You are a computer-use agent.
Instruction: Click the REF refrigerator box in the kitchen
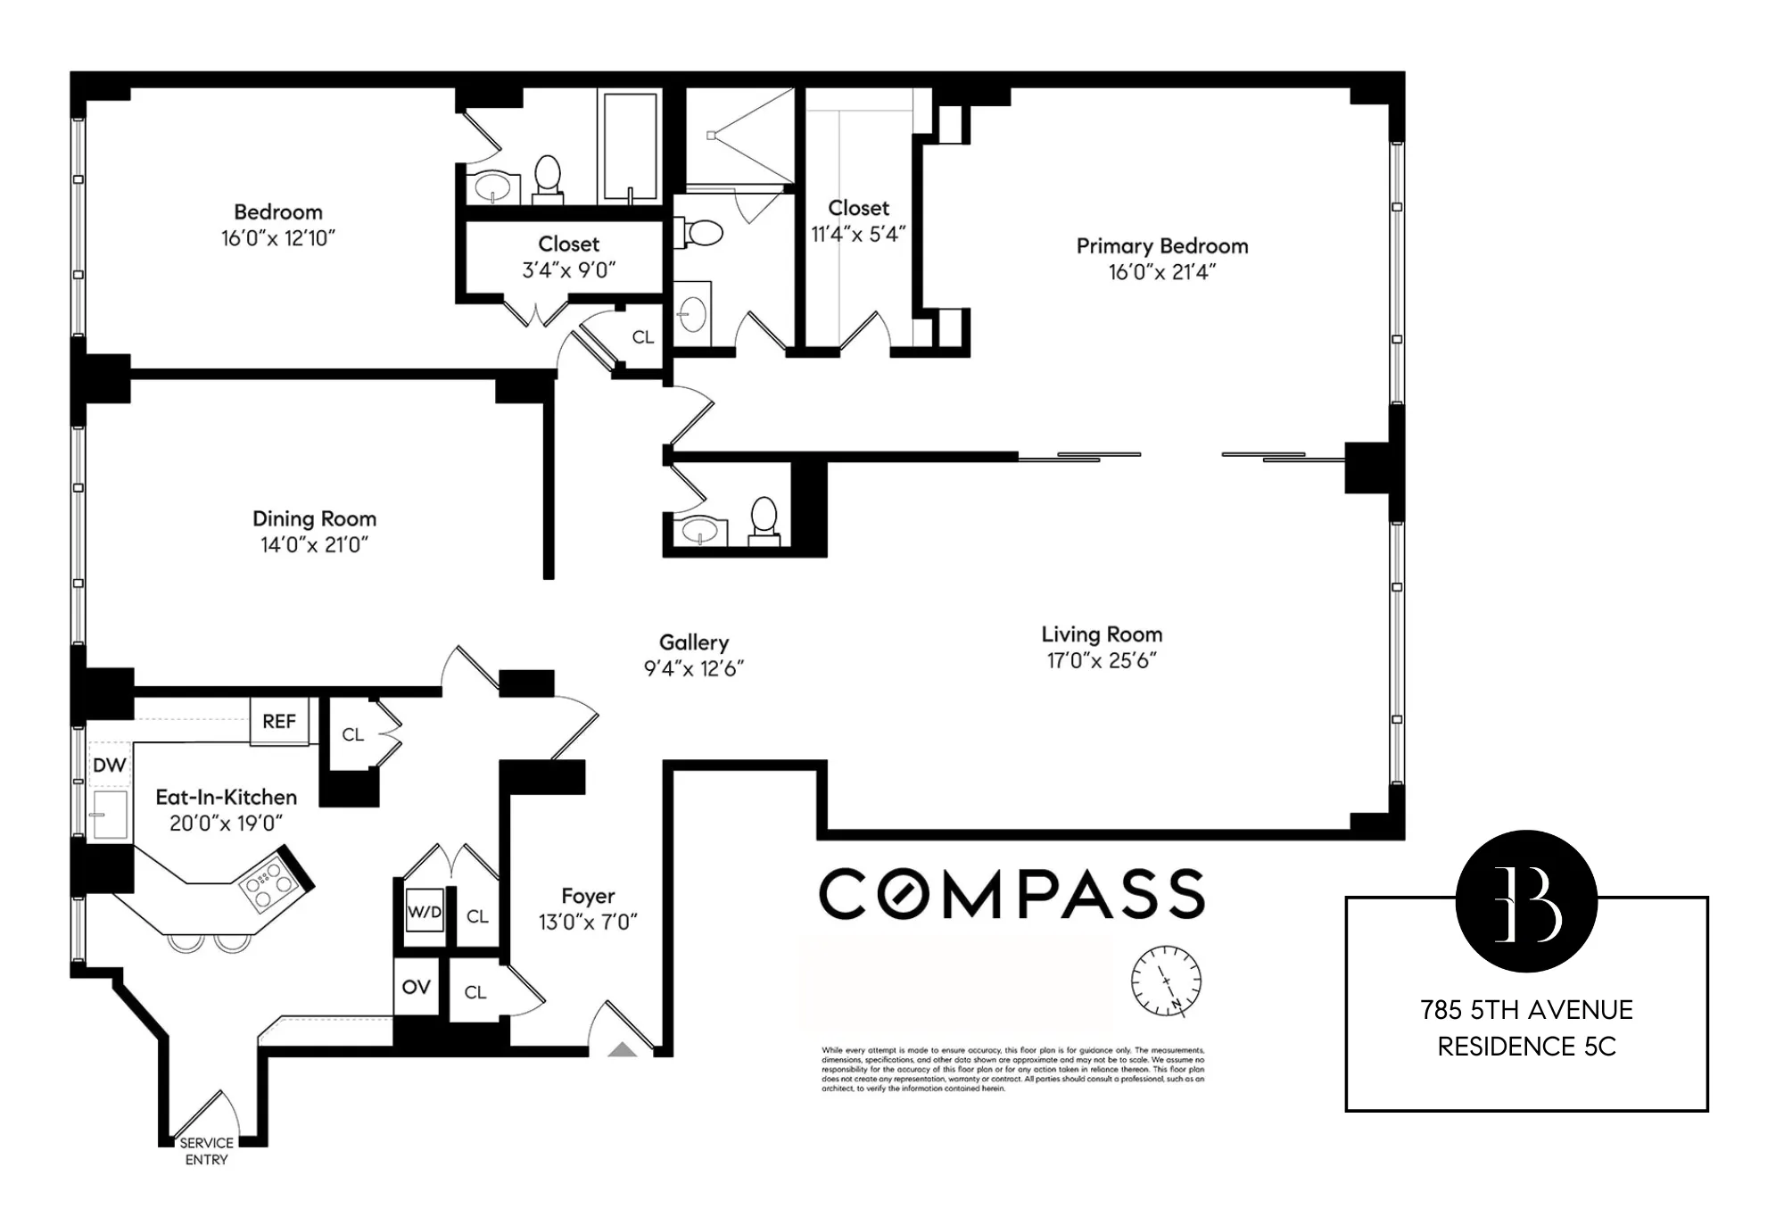tap(279, 721)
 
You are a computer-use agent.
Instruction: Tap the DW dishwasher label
tap(109, 765)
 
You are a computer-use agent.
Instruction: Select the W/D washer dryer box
tap(425, 912)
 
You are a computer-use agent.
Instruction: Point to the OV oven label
tap(417, 987)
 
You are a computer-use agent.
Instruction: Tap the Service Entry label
tap(206, 1151)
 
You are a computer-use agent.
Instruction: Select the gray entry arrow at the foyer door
tap(623, 1049)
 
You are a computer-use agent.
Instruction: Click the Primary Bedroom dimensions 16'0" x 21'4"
tap(1161, 272)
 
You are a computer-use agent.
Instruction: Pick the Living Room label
tap(1102, 634)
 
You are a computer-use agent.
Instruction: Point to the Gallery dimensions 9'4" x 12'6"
tap(694, 668)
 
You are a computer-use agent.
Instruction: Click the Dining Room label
tap(314, 518)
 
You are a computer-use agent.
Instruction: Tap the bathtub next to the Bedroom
tap(630, 147)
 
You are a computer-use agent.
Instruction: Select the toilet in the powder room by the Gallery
tap(764, 521)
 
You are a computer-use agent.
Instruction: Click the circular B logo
tap(1526, 901)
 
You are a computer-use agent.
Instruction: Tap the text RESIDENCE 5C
tap(1526, 1046)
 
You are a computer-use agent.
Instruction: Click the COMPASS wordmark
tap(1012, 894)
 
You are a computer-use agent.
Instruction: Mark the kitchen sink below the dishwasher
tap(110, 814)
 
